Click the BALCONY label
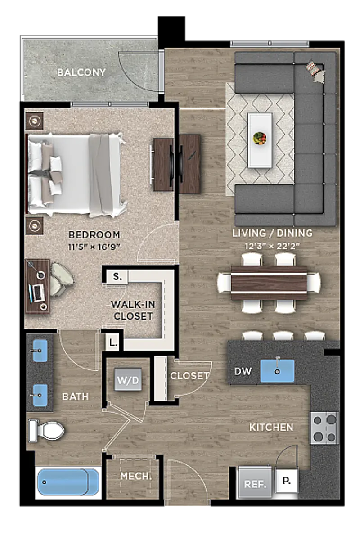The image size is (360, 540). pos(81,72)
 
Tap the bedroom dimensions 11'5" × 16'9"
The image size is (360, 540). pos(94,247)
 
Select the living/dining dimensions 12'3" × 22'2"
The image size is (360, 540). pos(272,246)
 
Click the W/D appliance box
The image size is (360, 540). pos(128,380)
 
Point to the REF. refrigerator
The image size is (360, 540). pos(255,482)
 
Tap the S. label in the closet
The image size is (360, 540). pos(117,276)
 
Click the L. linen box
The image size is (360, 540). pos(113,342)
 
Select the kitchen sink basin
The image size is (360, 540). pos(277,371)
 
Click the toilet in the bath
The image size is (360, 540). pos(46,431)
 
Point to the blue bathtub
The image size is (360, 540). pos(68,482)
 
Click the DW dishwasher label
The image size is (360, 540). pos(243,372)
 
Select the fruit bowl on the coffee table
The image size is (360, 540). pos(260,138)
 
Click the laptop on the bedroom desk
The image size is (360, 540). pos(36,293)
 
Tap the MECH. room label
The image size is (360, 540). pos(136,476)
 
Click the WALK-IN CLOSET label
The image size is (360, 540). pos(133,310)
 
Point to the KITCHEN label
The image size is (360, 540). pos(271,427)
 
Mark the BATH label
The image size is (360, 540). pos(75,396)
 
